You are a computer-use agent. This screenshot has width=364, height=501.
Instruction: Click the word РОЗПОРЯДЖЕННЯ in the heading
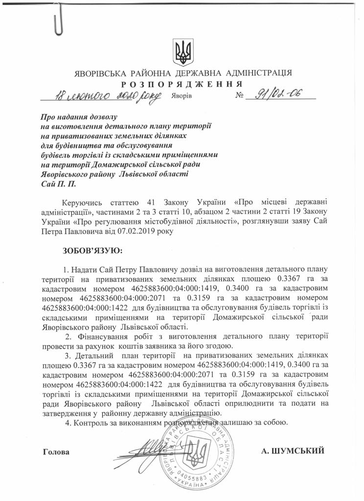point(182,84)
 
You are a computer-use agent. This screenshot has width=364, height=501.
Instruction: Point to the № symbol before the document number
point(239,96)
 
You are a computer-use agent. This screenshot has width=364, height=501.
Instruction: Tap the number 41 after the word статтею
point(144,202)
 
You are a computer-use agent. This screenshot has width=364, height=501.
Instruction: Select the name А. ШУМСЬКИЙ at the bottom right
point(293,451)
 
